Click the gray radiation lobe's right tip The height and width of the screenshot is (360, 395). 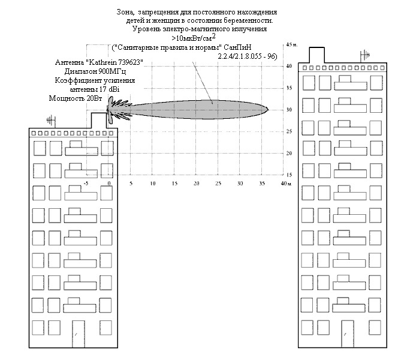267,110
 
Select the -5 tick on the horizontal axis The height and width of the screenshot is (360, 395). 87,182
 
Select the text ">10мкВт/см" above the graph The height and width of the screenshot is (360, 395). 188,38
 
